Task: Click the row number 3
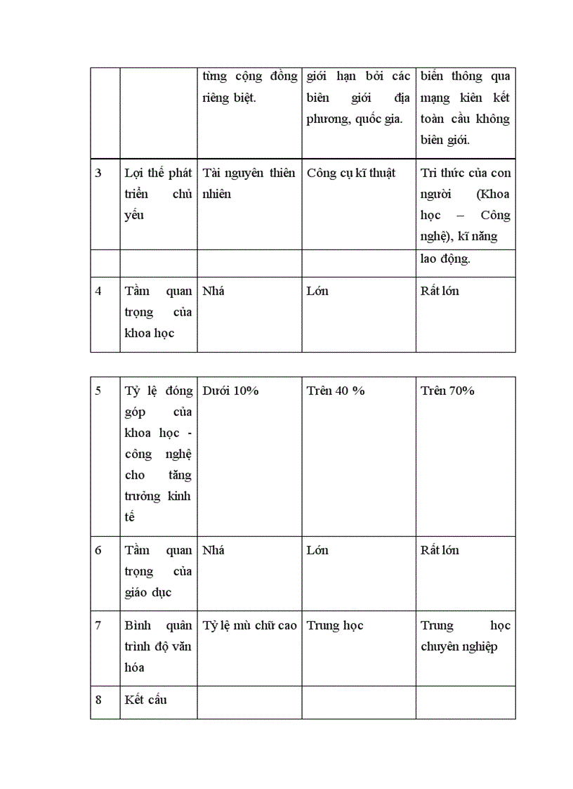(x=98, y=173)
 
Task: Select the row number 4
(x=98, y=291)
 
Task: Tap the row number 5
(x=98, y=391)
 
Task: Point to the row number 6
(x=98, y=550)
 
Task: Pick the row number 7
(x=98, y=625)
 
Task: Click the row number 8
(x=98, y=700)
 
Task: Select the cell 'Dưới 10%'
(x=230, y=391)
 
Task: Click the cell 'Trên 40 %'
(x=336, y=391)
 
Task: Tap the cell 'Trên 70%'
(x=447, y=391)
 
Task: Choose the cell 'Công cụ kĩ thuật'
(x=351, y=173)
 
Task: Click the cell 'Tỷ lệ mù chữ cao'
(x=249, y=625)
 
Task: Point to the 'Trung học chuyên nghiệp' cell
(x=465, y=636)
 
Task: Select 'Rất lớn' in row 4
(x=440, y=291)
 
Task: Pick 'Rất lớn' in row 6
(x=440, y=550)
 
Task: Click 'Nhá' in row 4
(x=213, y=291)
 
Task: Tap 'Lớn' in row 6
(x=317, y=550)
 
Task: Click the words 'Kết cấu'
(x=146, y=700)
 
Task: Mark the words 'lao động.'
(x=445, y=259)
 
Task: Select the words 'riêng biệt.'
(x=229, y=98)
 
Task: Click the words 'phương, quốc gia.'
(x=354, y=119)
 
